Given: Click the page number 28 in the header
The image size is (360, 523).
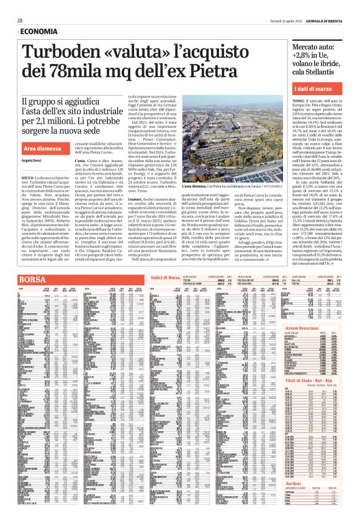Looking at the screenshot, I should (x=20, y=20).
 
